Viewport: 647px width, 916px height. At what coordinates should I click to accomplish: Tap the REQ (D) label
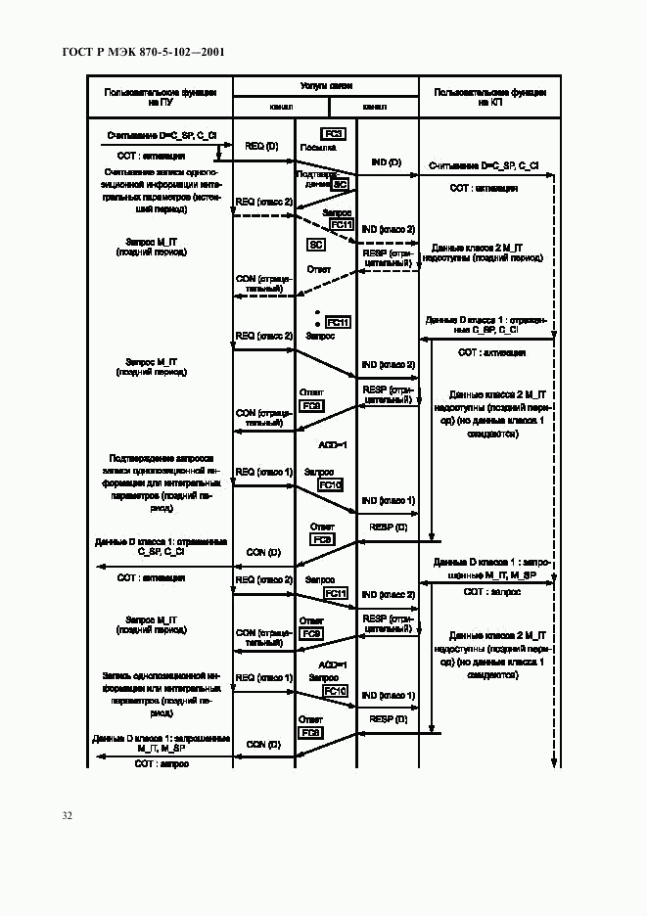tap(261, 146)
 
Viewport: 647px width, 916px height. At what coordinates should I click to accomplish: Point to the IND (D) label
tap(386, 160)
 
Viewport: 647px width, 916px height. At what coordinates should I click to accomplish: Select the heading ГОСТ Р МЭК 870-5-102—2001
tap(138, 51)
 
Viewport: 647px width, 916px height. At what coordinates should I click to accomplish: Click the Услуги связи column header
tap(325, 87)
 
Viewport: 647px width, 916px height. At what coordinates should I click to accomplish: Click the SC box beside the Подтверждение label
tap(340, 183)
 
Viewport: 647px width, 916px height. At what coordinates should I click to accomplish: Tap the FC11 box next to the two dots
tap(338, 322)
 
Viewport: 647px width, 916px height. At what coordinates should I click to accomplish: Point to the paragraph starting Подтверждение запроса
tap(161, 477)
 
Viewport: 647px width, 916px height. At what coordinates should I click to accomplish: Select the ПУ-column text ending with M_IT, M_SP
tap(161, 743)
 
